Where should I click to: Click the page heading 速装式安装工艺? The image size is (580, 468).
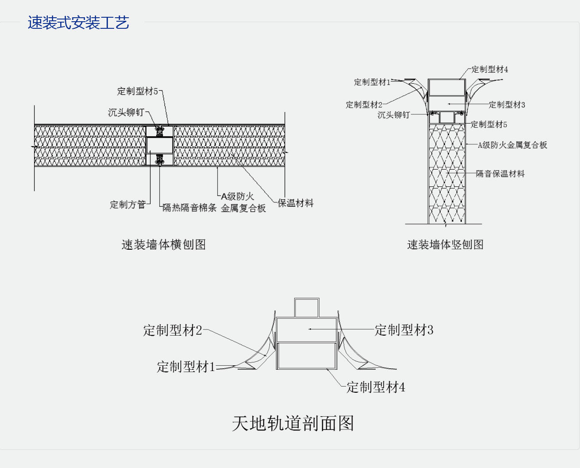point(78,23)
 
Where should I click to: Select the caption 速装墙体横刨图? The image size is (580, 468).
point(164,244)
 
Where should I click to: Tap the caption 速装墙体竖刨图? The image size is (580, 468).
point(445,244)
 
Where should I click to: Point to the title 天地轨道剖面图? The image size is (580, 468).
point(293,423)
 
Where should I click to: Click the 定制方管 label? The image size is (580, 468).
point(128,205)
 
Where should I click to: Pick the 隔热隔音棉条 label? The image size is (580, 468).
point(189,208)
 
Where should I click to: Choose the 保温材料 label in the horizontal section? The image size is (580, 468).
point(296,203)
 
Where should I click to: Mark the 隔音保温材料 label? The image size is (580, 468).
point(500,174)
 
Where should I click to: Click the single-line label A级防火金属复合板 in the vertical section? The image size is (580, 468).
point(512,145)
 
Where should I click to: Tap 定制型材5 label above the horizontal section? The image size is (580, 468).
point(137,91)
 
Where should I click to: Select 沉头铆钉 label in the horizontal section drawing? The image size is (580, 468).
point(126,112)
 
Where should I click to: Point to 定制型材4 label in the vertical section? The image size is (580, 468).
point(489,70)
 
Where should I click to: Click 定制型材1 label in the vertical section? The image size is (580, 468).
point(372,82)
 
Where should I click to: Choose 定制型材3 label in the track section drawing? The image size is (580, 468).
point(404,330)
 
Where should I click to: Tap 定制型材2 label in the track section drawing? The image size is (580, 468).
point(173,330)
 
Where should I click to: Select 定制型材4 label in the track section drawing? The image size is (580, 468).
point(376,387)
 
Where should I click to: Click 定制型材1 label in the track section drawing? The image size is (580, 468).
point(186,367)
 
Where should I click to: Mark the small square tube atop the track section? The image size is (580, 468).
point(307,308)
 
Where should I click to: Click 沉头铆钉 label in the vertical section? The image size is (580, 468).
point(393,115)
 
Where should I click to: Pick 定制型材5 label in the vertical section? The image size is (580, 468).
point(488,124)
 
